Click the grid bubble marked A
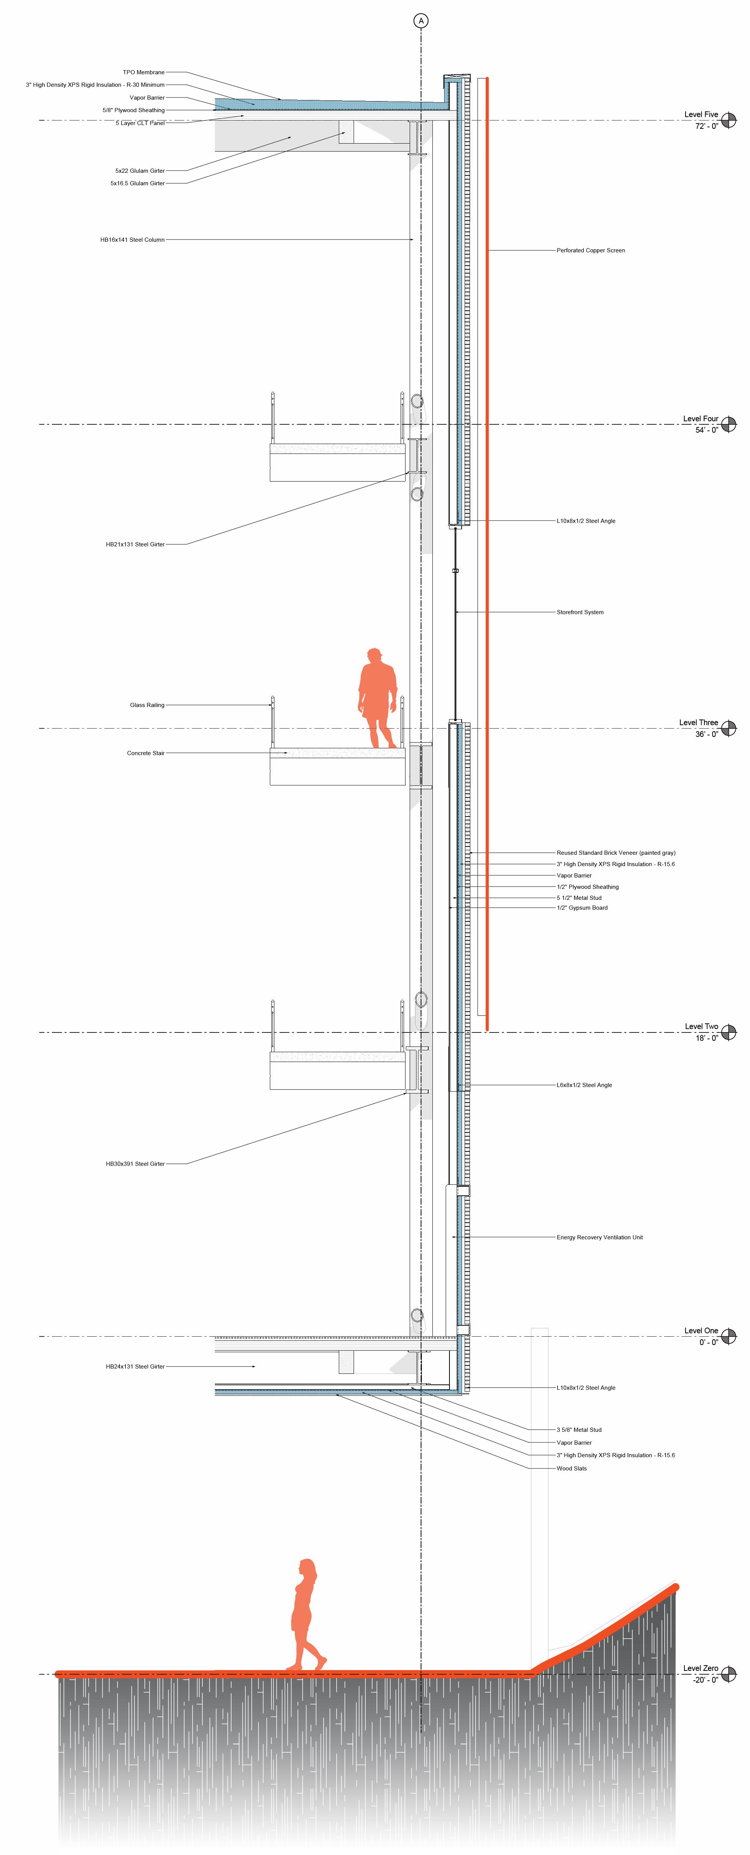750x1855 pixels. point(421,21)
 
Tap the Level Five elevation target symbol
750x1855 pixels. point(729,120)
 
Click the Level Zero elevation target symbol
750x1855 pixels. point(729,1674)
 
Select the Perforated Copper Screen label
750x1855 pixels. point(590,250)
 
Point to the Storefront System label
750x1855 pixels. point(580,612)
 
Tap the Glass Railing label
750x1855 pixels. point(147,705)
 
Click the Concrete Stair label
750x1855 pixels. point(146,753)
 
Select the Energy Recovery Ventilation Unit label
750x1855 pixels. point(600,1237)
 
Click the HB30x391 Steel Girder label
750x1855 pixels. point(135,1164)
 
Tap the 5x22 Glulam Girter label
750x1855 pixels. point(140,170)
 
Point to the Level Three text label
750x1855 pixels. point(698,722)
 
